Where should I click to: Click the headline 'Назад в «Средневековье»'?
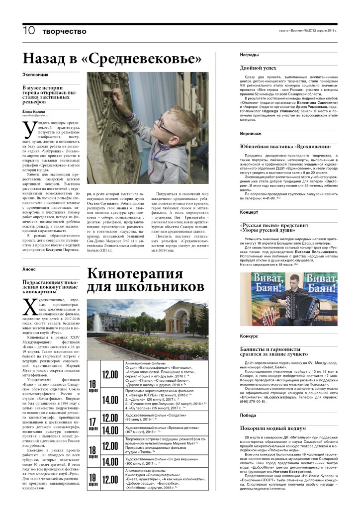coord(112,59)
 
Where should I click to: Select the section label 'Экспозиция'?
coord(35,75)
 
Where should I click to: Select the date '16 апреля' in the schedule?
coord(92,386)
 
